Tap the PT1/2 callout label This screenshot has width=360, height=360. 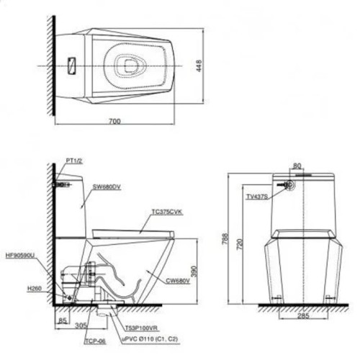click(73, 160)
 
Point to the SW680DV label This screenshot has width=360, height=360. click(105, 186)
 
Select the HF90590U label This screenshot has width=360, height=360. click(19, 255)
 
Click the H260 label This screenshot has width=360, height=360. click(35, 288)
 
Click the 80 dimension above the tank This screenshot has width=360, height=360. click(297, 164)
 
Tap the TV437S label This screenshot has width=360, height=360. click(256, 196)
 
